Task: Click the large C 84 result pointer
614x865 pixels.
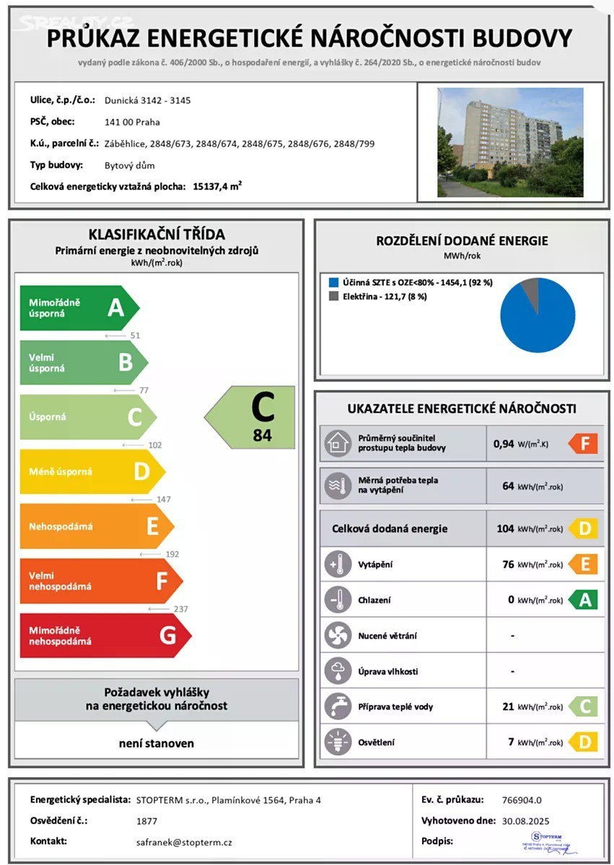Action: (253, 417)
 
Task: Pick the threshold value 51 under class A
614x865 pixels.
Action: (135, 335)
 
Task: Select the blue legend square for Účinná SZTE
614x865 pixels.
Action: (333, 283)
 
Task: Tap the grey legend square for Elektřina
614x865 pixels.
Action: (333, 296)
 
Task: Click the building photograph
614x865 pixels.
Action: (510, 142)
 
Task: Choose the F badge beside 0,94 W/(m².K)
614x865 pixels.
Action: (583, 443)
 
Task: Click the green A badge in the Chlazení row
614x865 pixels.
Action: (583, 600)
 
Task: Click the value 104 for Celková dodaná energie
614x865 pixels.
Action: (505, 528)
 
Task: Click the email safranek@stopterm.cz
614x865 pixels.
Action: (184, 842)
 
